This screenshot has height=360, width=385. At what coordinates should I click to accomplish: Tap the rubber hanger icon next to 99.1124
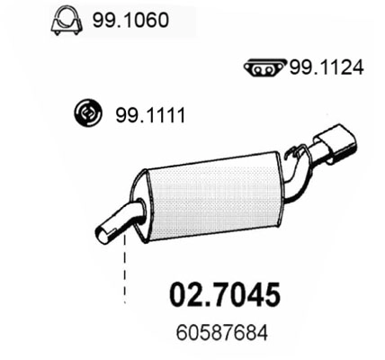point(264,67)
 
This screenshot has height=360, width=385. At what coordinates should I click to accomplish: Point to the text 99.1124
point(325,67)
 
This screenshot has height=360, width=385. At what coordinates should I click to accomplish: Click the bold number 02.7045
point(225,295)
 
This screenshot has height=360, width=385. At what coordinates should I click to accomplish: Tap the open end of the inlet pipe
point(103,232)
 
